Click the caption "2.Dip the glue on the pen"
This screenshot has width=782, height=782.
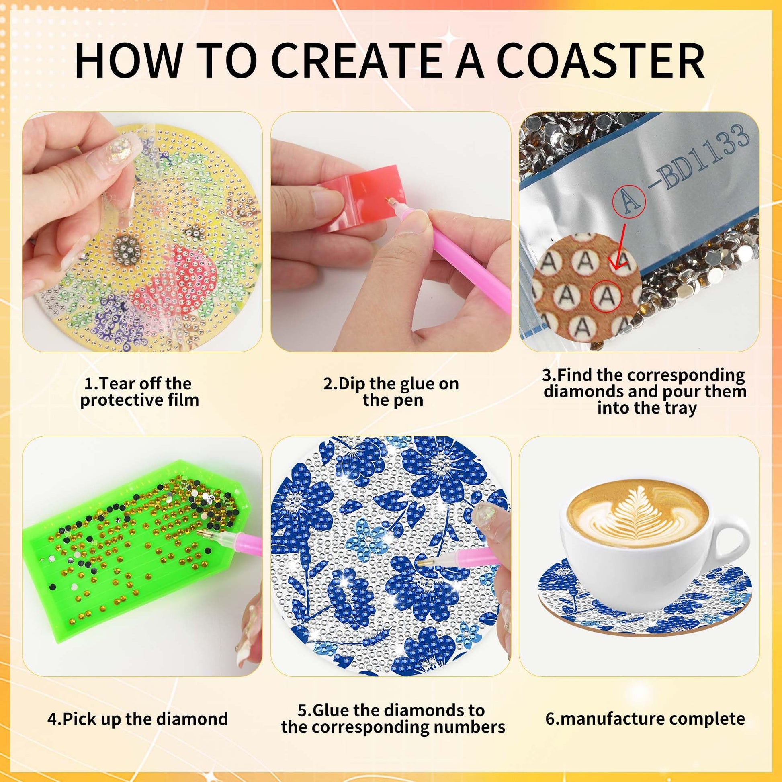coord(391,392)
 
